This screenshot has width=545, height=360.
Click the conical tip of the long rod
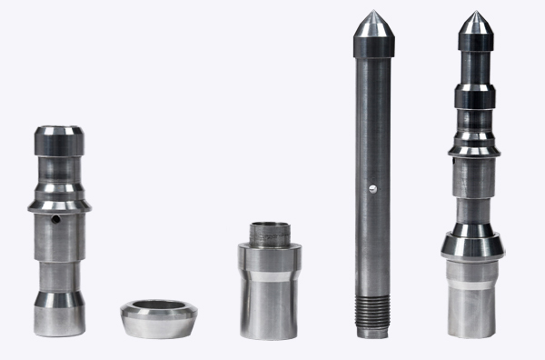pyautogui.click(x=372, y=24)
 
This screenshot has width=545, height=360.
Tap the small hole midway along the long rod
pyautogui.click(x=372, y=189)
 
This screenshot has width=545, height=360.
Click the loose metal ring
pyautogui.click(x=158, y=319)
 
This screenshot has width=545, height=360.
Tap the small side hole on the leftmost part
pyautogui.click(x=54, y=219)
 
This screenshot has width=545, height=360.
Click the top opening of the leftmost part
pyautogui.click(x=60, y=129)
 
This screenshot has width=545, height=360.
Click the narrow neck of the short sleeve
pyautogui.click(x=270, y=235)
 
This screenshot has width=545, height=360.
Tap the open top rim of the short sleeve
pyautogui.click(x=270, y=224)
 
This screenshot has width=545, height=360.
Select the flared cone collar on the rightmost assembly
pyautogui.click(x=472, y=243)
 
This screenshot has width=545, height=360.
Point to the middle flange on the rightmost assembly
pyautogui.click(x=473, y=144)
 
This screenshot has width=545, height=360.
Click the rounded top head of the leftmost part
pyautogui.click(x=60, y=139)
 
